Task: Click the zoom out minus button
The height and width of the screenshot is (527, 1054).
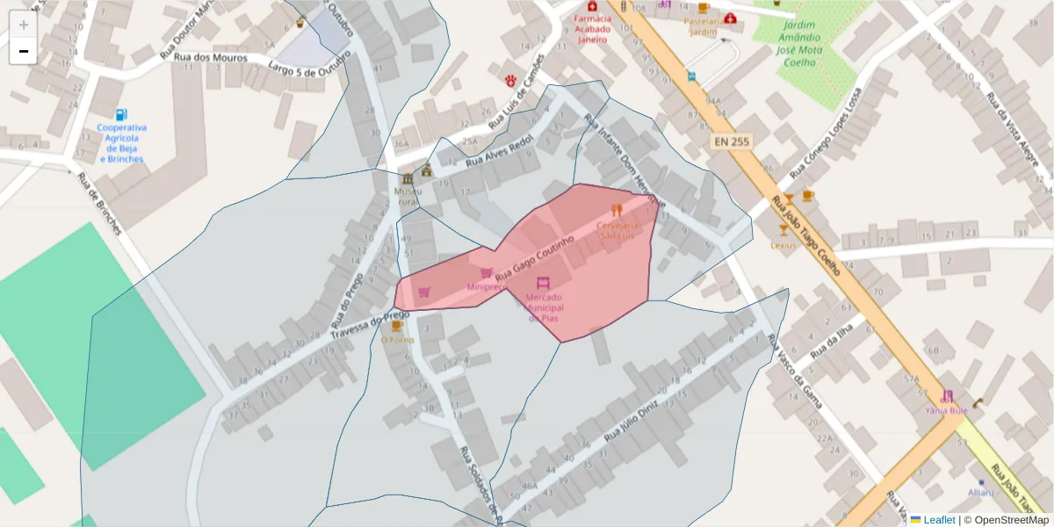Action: tap(24, 52)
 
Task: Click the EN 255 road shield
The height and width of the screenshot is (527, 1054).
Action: tap(732, 141)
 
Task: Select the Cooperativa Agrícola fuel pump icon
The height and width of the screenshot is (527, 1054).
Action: tap(121, 115)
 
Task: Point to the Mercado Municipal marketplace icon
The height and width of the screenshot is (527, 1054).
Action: tap(543, 283)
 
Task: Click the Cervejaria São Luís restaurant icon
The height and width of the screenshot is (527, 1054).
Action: tap(617, 210)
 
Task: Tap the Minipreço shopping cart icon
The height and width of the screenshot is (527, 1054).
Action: tap(486, 274)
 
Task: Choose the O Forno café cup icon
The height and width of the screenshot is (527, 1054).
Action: tap(397, 327)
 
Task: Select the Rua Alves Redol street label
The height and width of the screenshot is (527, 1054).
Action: tap(499, 151)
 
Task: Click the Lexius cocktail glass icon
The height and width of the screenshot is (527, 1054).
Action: tap(783, 230)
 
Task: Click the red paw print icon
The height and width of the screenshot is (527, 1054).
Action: tap(510, 80)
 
